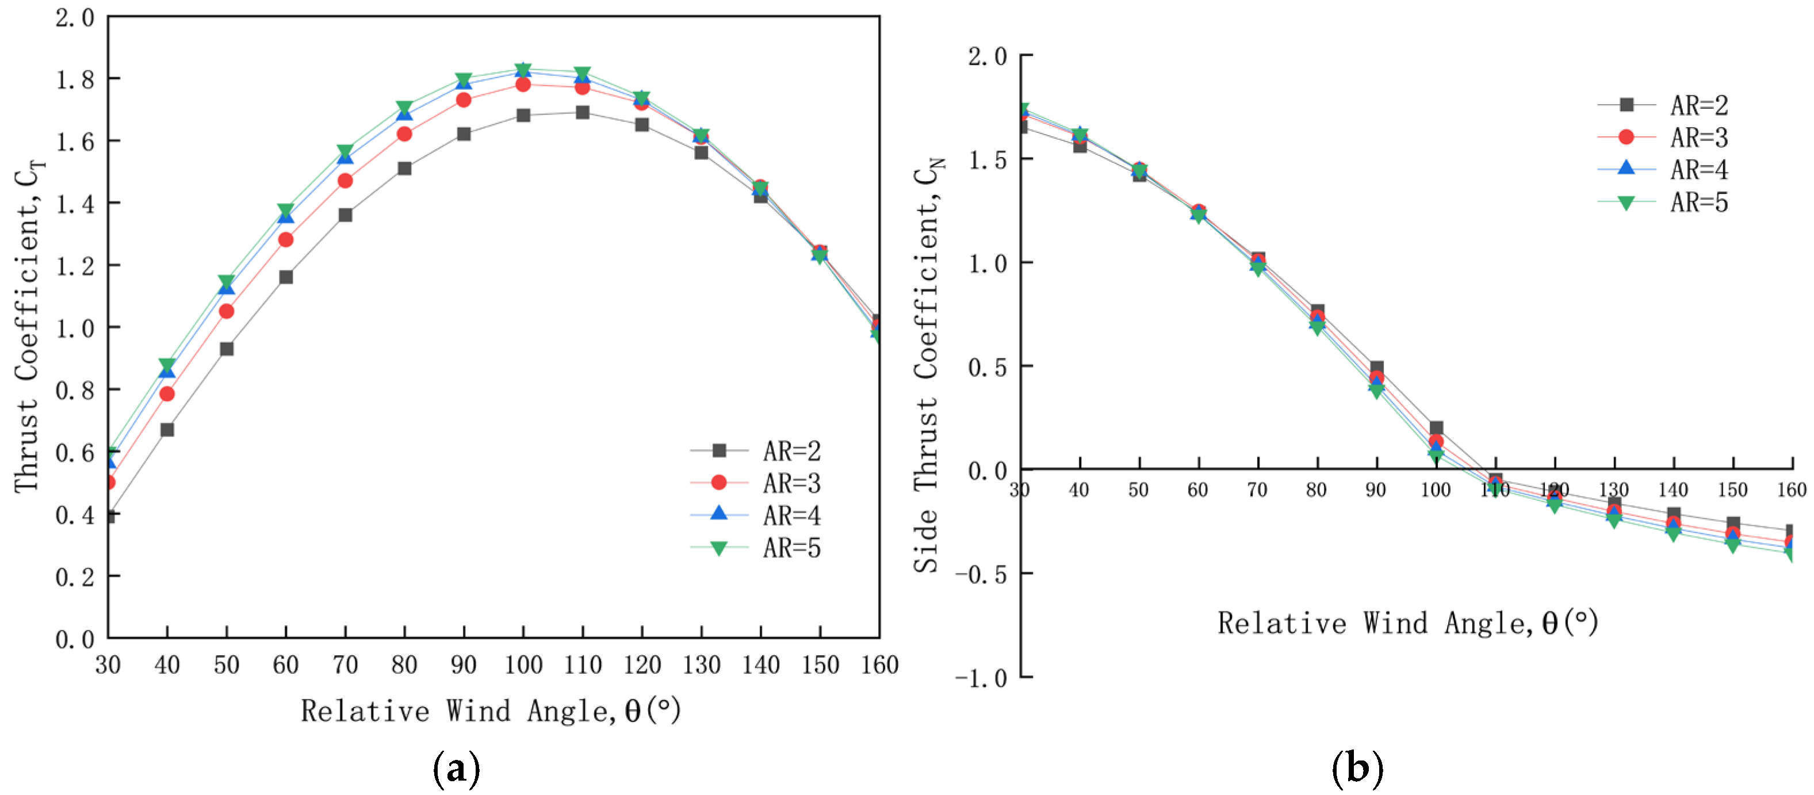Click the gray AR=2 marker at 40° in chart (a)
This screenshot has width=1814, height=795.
coord(167,430)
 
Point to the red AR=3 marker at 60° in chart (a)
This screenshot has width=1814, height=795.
coord(286,239)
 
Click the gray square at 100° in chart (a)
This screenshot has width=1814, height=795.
coord(523,116)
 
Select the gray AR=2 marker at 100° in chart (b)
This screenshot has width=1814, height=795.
coord(1437,427)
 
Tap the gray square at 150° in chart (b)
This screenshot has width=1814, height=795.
coord(1733,523)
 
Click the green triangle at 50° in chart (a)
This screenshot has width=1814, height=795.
coord(226,282)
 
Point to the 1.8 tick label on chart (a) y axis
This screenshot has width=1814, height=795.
coord(75,79)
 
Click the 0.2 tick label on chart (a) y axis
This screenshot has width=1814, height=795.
coord(75,577)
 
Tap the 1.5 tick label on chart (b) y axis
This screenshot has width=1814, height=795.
coord(988,160)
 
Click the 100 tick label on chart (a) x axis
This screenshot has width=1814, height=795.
coord(523,665)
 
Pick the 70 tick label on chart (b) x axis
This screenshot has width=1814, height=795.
coord(1258,490)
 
